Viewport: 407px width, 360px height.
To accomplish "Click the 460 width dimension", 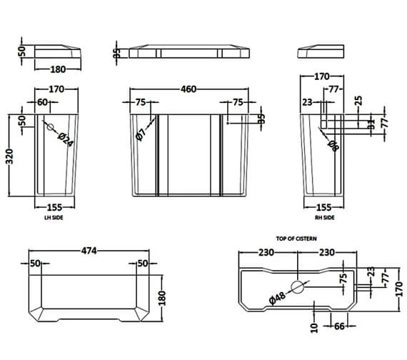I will [188, 90].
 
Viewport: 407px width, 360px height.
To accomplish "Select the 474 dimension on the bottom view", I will [89, 251].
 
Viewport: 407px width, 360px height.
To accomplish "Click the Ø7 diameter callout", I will [142, 131].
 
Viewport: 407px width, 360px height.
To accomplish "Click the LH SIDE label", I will [54, 217].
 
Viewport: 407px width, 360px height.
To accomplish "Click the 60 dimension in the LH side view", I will [43, 102].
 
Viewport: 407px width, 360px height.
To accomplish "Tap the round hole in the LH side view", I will [50, 129].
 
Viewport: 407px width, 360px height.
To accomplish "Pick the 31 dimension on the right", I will [371, 124].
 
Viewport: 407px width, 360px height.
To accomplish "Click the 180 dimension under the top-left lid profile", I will [57, 69].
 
